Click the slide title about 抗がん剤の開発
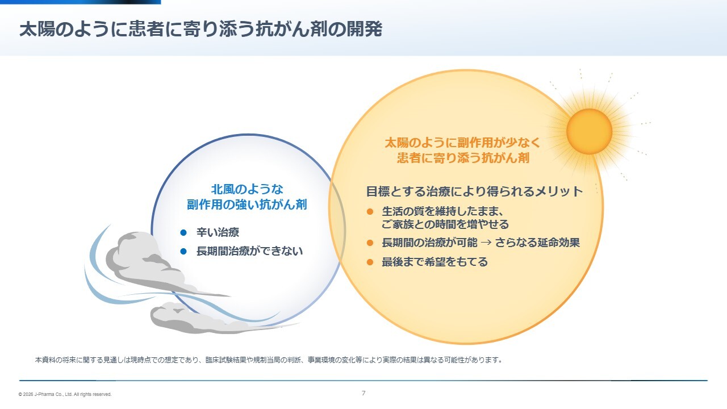[x=200, y=29]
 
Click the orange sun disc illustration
[x=589, y=131]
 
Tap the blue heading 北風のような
[x=247, y=189]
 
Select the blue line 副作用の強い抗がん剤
[x=246, y=204]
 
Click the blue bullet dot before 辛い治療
[x=183, y=232]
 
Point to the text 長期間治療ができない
[x=249, y=251]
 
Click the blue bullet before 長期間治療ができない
[x=183, y=251]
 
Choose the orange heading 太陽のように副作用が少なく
[x=462, y=143]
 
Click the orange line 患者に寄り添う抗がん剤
[x=463, y=158]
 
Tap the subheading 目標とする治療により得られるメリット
[x=474, y=191]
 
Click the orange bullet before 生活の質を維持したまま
[x=370, y=212]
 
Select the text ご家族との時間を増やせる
[x=445, y=224]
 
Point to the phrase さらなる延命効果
[x=537, y=243]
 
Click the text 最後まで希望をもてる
[x=434, y=262]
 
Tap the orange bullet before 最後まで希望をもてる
[x=370, y=262]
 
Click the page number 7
[x=363, y=393]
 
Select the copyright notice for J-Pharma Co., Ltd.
[x=65, y=394]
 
